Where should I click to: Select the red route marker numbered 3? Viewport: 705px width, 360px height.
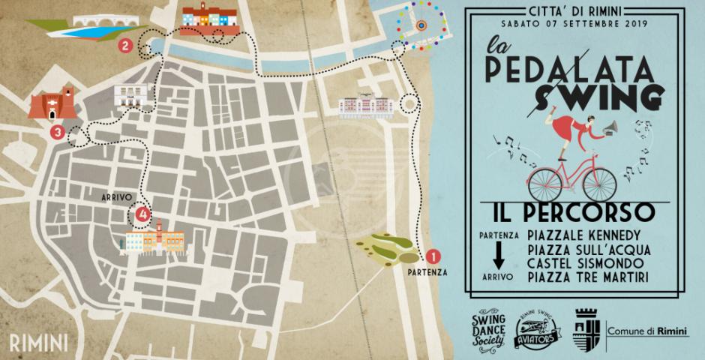[x=58, y=133]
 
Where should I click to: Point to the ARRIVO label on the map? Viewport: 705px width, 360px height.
[x=118, y=198]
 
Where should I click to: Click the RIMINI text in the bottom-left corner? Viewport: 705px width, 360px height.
[x=39, y=343]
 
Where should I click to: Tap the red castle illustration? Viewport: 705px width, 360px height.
[x=52, y=104]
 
